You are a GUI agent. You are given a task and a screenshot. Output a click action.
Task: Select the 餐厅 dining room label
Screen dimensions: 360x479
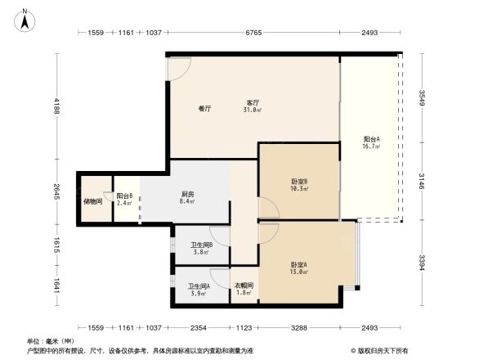tap(205, 108)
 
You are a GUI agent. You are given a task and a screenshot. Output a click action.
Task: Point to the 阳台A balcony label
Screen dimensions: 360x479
tap(371, 142)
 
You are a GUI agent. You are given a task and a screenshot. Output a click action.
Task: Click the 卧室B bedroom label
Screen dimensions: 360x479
tap(298, 184)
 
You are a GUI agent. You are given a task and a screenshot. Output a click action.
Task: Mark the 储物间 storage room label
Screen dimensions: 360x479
tap(92, 200)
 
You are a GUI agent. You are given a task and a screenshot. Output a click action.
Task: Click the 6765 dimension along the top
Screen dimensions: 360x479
tap(253, 33)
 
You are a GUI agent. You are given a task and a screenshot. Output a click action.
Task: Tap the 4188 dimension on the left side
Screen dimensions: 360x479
tap(56, 106)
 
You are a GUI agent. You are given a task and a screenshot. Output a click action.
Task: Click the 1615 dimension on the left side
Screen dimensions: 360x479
tap(56, 246)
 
